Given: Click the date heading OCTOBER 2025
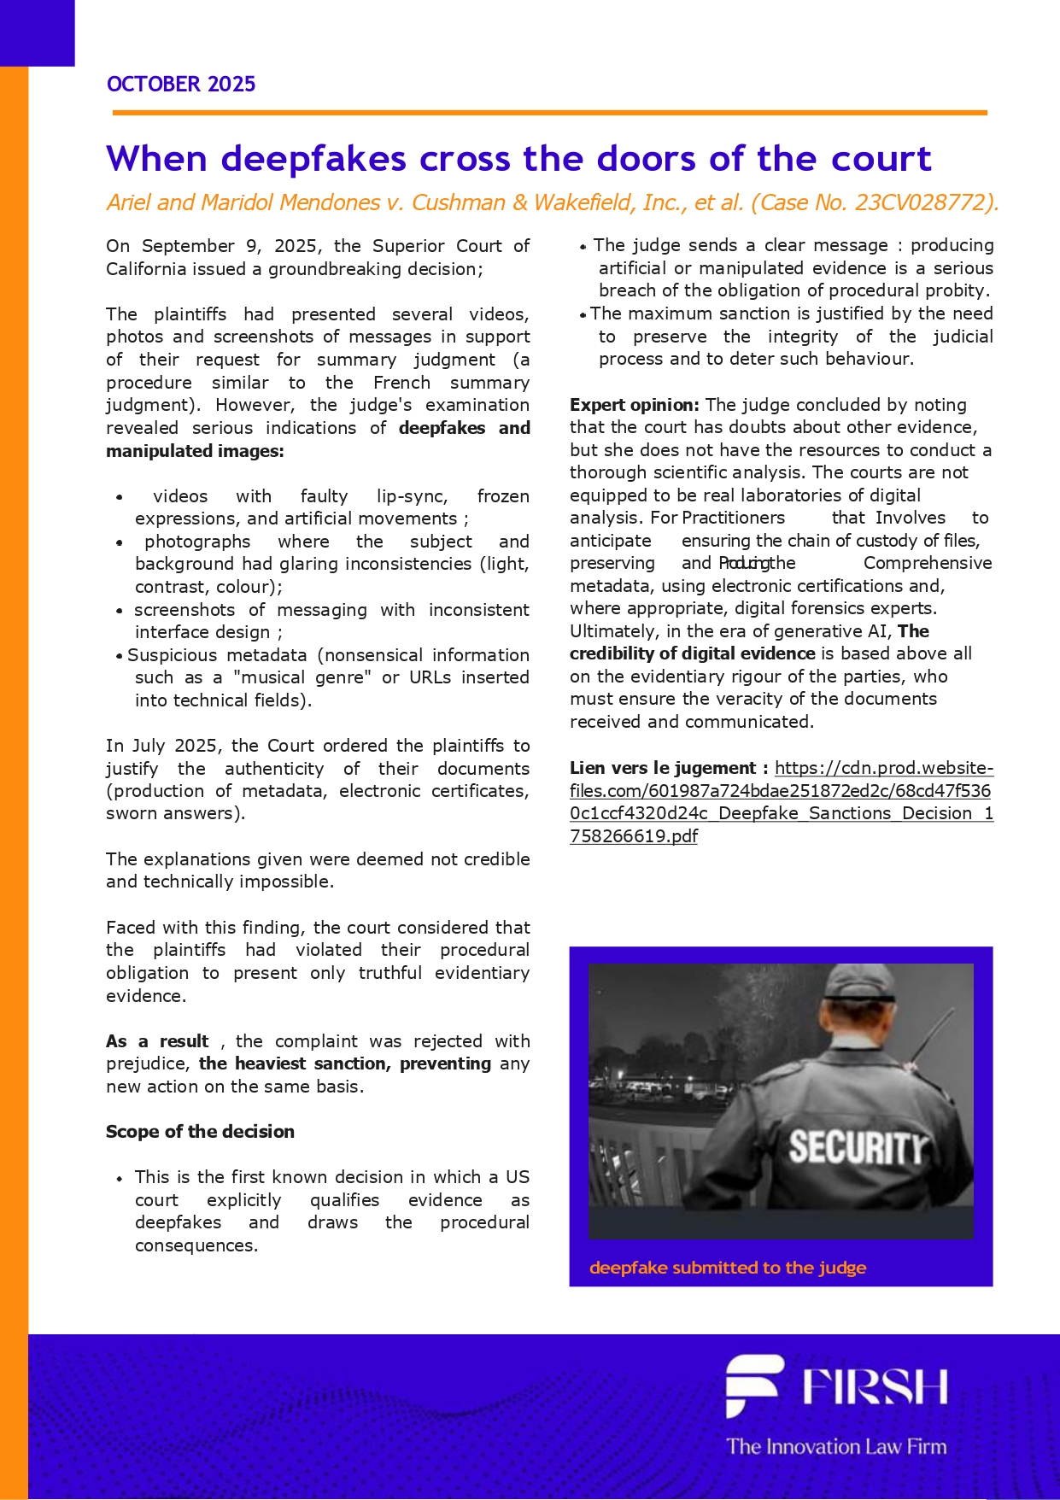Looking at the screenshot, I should pos(181,84).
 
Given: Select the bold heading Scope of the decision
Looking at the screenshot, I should pos(200,1132).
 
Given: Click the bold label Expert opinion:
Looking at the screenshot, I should pos(635,405).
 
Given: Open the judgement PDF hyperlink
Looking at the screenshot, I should pos(781,802).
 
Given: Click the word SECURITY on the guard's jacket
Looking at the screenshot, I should pos(857,1146).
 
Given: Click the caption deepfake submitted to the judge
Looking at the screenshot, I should pos(728,1268).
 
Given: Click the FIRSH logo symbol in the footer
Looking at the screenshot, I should pos(753,1385).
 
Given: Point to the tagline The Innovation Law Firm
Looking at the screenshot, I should pos(836,1446).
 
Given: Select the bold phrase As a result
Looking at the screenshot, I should pos(158,1041).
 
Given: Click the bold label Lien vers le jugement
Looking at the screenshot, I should pos(669,768).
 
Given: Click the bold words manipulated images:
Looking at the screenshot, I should pos(195,451).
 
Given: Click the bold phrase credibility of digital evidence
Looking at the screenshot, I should pos(692,653).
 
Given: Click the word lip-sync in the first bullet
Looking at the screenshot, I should pos(412,496).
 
